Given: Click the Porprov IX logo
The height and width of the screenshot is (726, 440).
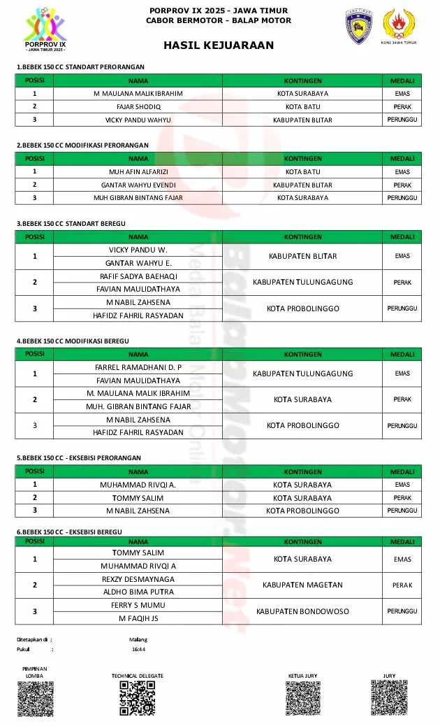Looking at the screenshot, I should [x=45, y=31].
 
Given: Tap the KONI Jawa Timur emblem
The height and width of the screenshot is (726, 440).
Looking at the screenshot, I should [x=400, y=27].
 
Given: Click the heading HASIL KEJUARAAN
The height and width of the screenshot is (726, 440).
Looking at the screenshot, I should [x=219, y=45].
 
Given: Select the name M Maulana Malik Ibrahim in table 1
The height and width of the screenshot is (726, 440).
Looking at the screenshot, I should [x=138, y=93].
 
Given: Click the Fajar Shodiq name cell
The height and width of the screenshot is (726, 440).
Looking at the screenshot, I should [x=138, y=106].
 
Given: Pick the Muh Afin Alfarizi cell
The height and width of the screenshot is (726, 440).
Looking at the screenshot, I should [x=138, y=171].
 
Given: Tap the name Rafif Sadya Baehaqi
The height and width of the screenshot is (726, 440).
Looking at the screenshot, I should [x=138, y=276].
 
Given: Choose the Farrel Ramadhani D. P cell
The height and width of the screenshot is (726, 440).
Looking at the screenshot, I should [x=138, y=367].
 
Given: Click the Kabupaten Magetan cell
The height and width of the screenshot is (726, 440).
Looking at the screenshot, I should [x=302, y=585].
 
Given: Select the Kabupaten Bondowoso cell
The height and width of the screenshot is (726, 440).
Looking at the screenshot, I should [x=302, y=611].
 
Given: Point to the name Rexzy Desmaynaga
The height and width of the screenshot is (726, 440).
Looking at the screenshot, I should [x=138, y=579].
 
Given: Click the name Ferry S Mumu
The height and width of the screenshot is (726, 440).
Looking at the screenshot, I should [x=138, y=605].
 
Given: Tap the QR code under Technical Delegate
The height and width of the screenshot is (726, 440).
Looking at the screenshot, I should [x=137, y=697].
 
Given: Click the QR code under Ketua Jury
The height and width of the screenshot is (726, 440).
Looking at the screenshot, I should [x=302, y=697].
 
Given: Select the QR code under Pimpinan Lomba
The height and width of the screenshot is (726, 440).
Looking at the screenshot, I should [x=35, y=699].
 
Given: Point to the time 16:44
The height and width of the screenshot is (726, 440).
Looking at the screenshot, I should [x=138, y=649].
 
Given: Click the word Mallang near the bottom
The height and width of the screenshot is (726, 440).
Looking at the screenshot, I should [x=138, y=639].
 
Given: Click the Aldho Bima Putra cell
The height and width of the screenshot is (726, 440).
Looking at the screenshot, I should [x=138, y=592].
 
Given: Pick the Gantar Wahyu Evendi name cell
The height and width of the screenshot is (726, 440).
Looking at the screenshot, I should [x=138, y=185].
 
